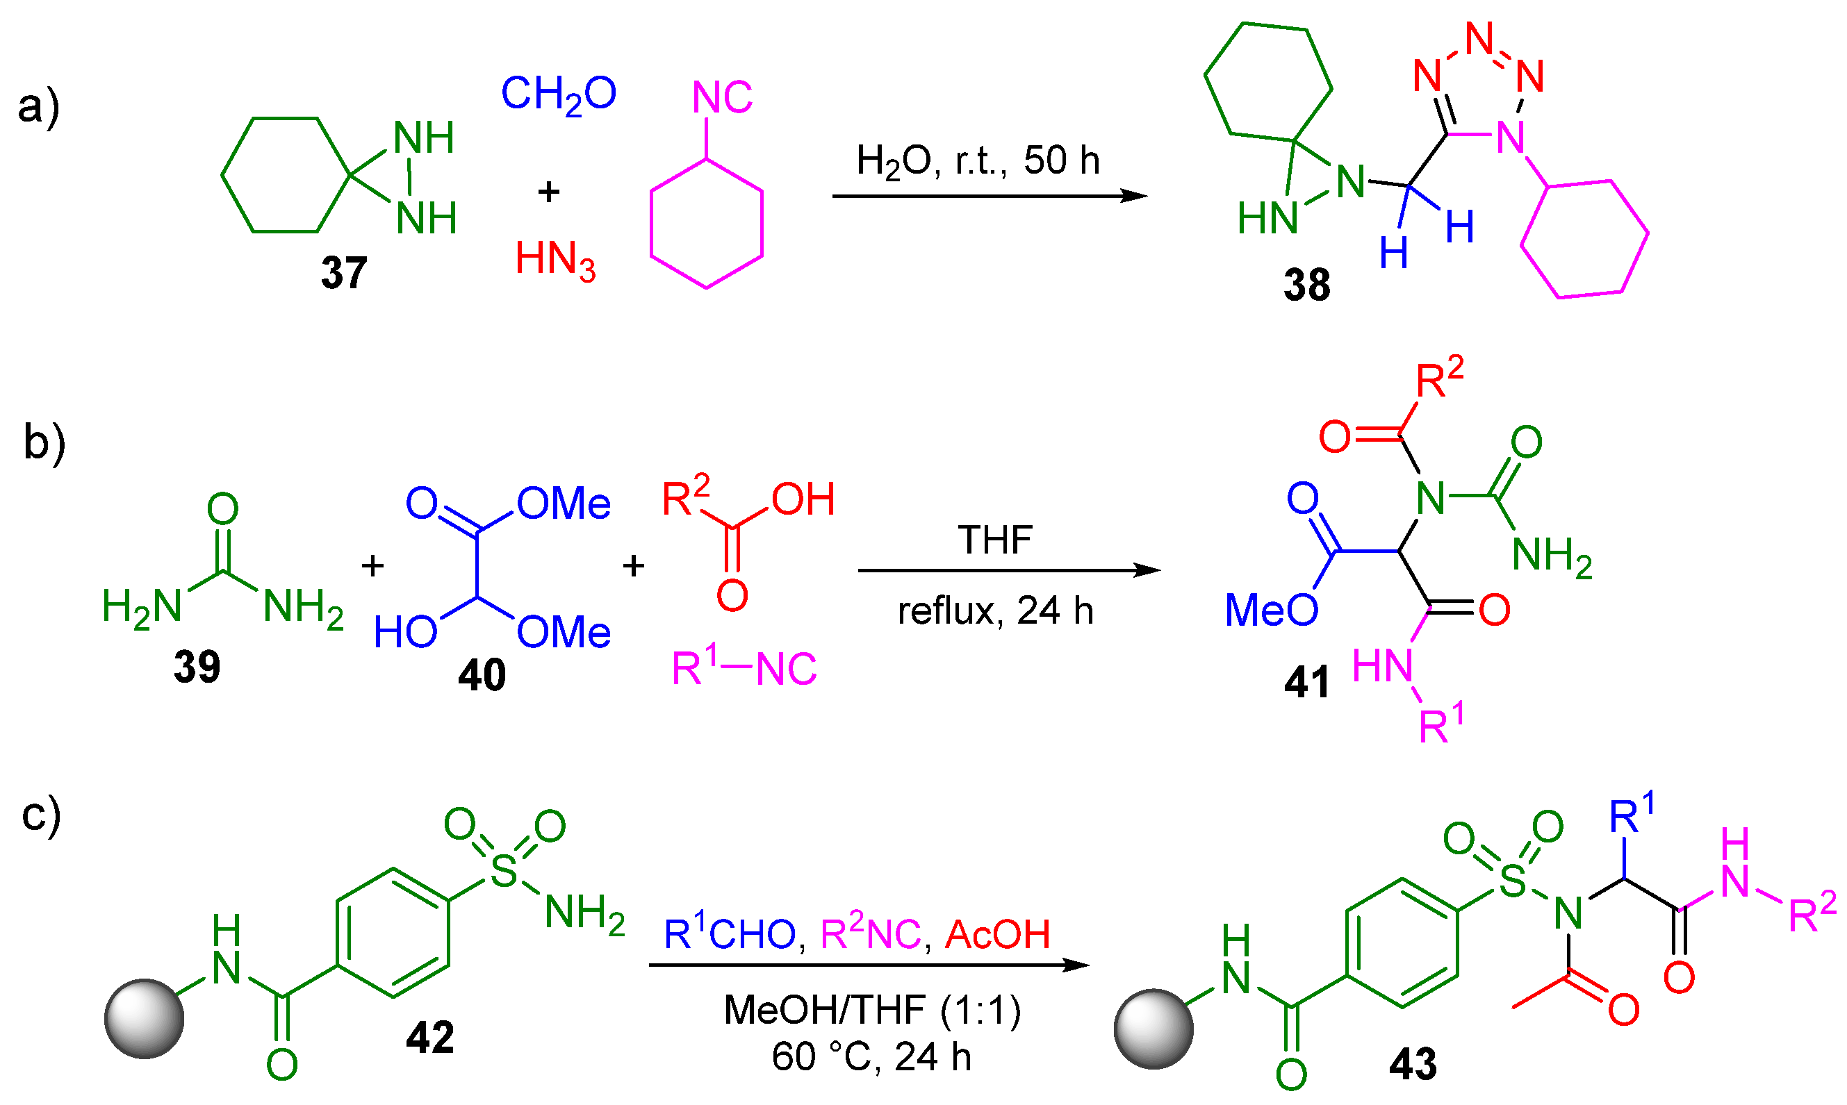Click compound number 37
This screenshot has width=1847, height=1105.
tap(344, 272)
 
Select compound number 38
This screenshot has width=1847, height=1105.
tap(1306, 285)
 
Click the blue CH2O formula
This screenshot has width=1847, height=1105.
tap(559, 95)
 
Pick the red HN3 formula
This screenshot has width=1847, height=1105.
tap(556, 260)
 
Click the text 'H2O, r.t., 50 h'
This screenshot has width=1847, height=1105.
tap(978, 161)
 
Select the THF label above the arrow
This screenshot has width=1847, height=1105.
tap(995, 540)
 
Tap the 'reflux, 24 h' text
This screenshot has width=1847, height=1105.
tap(995, 611)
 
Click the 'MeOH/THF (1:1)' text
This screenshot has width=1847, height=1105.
tap(872, 1011)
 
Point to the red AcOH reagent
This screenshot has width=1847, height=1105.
tap(997, 934)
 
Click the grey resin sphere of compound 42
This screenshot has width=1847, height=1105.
tap(145, 1019)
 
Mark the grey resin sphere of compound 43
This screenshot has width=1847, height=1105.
tap(1154, 1029)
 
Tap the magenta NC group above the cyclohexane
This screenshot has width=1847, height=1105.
tap(722, 97)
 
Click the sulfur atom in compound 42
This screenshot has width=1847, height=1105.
tap(504, 870)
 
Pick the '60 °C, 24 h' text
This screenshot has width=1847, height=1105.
tap(871, 1056)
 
